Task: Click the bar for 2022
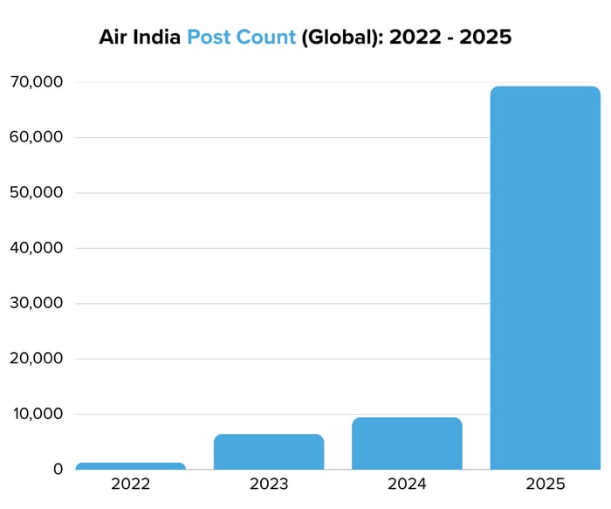pyautogui.click(x=130, y=466)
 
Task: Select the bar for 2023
pyautogui.click(x=269, y=451)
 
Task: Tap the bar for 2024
pyautogui.click(x=407, y=444)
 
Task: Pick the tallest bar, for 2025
pyautogui.click(x=545, y=278)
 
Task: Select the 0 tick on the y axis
pyautogui.click(x=58, y=470)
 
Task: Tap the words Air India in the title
pyautogui.click(x=140, y=38)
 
